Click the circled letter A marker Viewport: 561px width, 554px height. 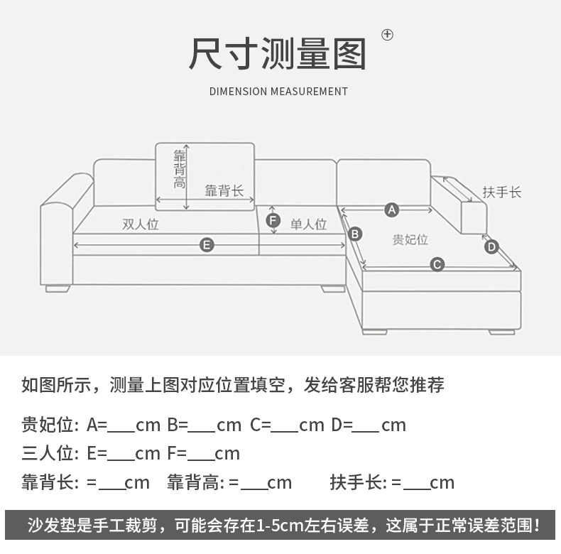tap(391, 210)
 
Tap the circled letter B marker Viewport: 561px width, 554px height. tap(356, 234)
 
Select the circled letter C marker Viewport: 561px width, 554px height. tap(437, 265)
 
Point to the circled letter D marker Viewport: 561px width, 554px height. tap(491, 246)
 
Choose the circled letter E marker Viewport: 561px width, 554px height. tap(207, 245)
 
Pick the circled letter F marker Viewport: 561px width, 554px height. tap(273, 221)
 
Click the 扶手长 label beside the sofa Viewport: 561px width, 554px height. tap(502, 192)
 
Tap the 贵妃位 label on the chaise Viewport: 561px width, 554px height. tap(410, 239)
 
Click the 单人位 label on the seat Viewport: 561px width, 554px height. tap(308, 224)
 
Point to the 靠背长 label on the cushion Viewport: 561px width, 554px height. tap(224, 190)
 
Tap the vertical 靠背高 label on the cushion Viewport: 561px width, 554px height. tap(180, 168)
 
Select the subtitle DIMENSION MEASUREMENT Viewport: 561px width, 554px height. tap(278, 92)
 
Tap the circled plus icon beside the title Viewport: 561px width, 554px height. tap(387, 34)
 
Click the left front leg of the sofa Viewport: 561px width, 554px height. tap(58, 288)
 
